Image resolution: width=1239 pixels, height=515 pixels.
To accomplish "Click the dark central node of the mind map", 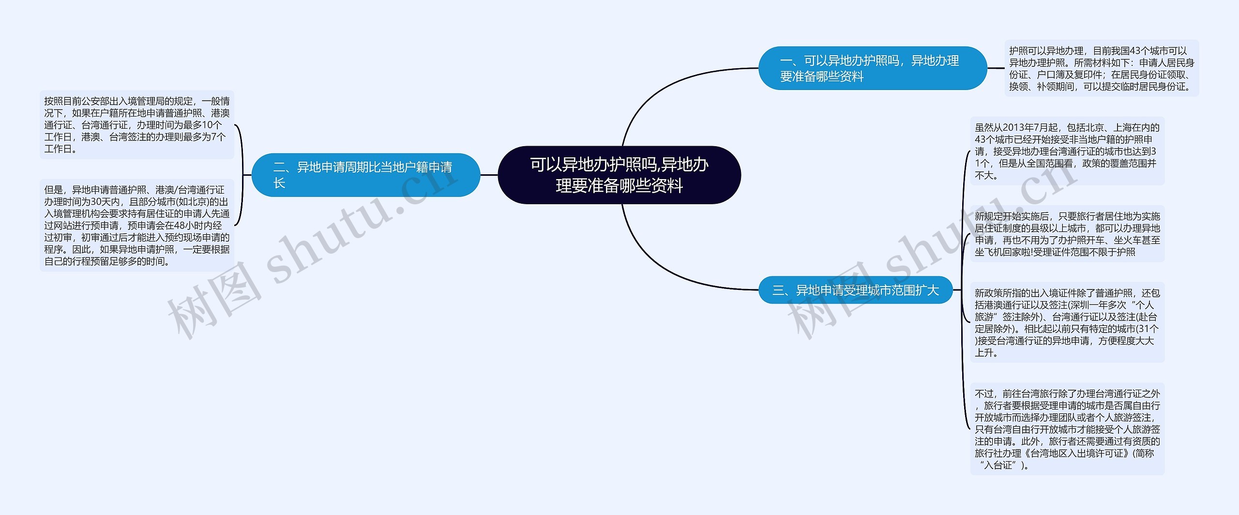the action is coord(619,175).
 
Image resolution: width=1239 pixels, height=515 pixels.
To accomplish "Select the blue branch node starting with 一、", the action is coord(872,68).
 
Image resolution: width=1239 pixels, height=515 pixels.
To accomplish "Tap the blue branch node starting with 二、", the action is coord(365,175).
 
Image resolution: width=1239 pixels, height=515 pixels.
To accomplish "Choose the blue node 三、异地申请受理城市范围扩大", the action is coord(855,290).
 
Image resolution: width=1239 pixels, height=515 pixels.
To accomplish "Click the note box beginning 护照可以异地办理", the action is coord(1101,68).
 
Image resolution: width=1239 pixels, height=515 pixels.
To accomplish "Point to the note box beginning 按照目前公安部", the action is coord(137,125).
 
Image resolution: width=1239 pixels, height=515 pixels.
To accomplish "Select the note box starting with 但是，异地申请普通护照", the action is coord(137,225).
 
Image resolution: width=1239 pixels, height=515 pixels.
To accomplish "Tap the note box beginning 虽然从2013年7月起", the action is coord(1067,151).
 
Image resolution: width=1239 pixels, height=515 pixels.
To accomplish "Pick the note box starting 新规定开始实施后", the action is coord(1067,234).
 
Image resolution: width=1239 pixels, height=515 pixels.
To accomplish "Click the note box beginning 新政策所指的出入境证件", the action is coord(1067,322).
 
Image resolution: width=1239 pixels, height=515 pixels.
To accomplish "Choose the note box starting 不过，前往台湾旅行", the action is coord(1067,429).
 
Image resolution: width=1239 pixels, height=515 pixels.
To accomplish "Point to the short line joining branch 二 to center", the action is coord(489,175).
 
